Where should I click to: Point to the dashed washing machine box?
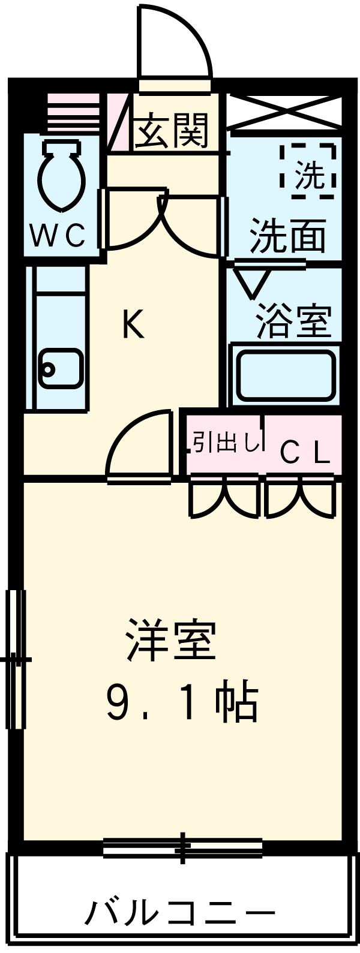pyautogui.click(x=308, y=171)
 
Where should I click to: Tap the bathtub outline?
pyautogui.click(x=285, y=376)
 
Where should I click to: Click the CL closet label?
pyautogui.click(x=305, y=453)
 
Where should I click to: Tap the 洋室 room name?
pyautogui.click(x=171, y=640)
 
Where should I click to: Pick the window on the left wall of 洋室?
pyautogui.click(x=16, y=659)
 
